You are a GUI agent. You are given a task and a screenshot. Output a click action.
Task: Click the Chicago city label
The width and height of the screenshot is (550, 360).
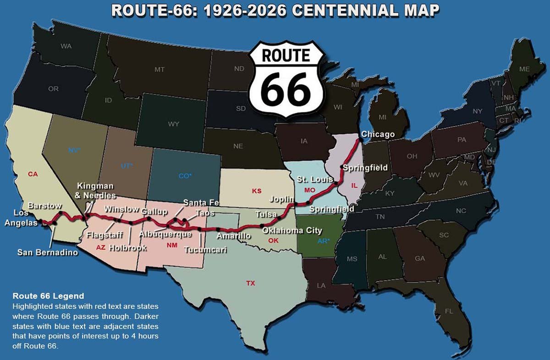coord(378,134)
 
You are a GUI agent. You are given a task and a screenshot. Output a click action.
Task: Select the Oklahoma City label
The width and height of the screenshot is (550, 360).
coord(292,231)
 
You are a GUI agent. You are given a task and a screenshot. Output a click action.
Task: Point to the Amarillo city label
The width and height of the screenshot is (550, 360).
coord(234,236)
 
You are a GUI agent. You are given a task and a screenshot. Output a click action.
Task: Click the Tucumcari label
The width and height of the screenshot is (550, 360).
coord(205,250)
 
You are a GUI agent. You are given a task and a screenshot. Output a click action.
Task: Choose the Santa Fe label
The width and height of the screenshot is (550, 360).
coord(201,202)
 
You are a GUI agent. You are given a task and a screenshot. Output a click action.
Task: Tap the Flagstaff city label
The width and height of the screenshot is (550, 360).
coord(104,236)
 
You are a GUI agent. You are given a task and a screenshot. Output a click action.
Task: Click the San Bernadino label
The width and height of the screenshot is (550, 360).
coord(48,252)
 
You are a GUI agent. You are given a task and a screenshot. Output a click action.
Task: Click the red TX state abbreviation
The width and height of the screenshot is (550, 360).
coord(250,283)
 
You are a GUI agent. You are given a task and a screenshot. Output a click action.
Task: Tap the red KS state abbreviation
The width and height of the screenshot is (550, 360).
coord(257,190)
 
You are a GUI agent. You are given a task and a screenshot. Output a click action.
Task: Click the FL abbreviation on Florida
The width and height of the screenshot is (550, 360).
coord(449,311)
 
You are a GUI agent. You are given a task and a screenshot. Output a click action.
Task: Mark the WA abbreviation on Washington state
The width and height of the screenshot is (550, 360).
coord(66,46)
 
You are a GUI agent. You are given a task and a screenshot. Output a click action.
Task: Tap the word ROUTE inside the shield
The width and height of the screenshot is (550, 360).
coord(286,55)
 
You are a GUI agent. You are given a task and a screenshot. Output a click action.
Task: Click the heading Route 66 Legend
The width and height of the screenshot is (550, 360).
coord(48,296)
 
